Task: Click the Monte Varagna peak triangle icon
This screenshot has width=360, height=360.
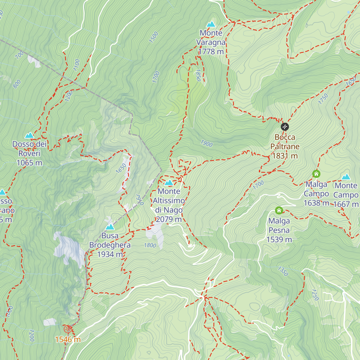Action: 211,24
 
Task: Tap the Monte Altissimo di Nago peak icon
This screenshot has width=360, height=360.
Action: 169,182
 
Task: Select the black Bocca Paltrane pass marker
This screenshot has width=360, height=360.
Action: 285,127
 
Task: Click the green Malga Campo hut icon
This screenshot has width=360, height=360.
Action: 316,174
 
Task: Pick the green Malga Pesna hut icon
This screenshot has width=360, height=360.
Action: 279,210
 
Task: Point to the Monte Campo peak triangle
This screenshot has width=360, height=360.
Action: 346,177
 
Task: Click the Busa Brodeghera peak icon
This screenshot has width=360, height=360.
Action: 110,227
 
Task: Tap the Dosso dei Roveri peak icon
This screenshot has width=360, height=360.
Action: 29,135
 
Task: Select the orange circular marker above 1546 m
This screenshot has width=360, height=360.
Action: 68,329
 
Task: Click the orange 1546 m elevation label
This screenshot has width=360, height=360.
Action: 68,340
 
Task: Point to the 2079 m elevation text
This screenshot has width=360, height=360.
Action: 169,219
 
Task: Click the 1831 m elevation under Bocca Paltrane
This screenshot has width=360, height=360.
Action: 285,156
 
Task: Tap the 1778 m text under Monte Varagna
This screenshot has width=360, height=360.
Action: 211,52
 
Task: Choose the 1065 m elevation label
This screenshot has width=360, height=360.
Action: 29,163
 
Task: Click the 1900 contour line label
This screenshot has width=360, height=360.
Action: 206,143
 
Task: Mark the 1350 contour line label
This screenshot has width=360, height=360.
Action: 283,271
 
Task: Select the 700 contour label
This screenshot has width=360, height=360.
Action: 19,55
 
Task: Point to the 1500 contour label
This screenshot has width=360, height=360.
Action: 154,37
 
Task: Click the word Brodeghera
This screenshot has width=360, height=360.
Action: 110,245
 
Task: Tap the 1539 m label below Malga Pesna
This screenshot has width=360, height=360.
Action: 279,239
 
